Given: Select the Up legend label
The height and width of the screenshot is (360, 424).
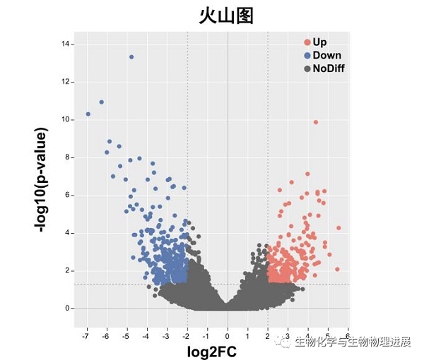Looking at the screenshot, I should tap(319, 42).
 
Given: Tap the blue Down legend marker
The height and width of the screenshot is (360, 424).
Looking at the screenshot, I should tap(307, 55).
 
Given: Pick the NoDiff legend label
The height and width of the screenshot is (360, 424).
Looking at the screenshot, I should tap(329, 68).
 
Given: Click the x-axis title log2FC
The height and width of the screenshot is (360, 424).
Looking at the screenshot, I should tap(211, 350).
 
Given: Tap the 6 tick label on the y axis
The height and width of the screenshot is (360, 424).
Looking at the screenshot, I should tap(66, 196).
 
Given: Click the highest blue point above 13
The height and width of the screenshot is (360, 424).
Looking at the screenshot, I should tap(131, 57).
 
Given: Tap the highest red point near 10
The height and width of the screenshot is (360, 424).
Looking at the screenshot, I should tap(315, 122).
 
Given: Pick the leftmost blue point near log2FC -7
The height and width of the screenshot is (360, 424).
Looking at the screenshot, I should tap(88, 114).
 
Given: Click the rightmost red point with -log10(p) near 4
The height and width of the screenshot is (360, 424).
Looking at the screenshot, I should tap(338, 228).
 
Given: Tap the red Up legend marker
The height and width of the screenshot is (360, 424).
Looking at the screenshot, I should tap(307, 42).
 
